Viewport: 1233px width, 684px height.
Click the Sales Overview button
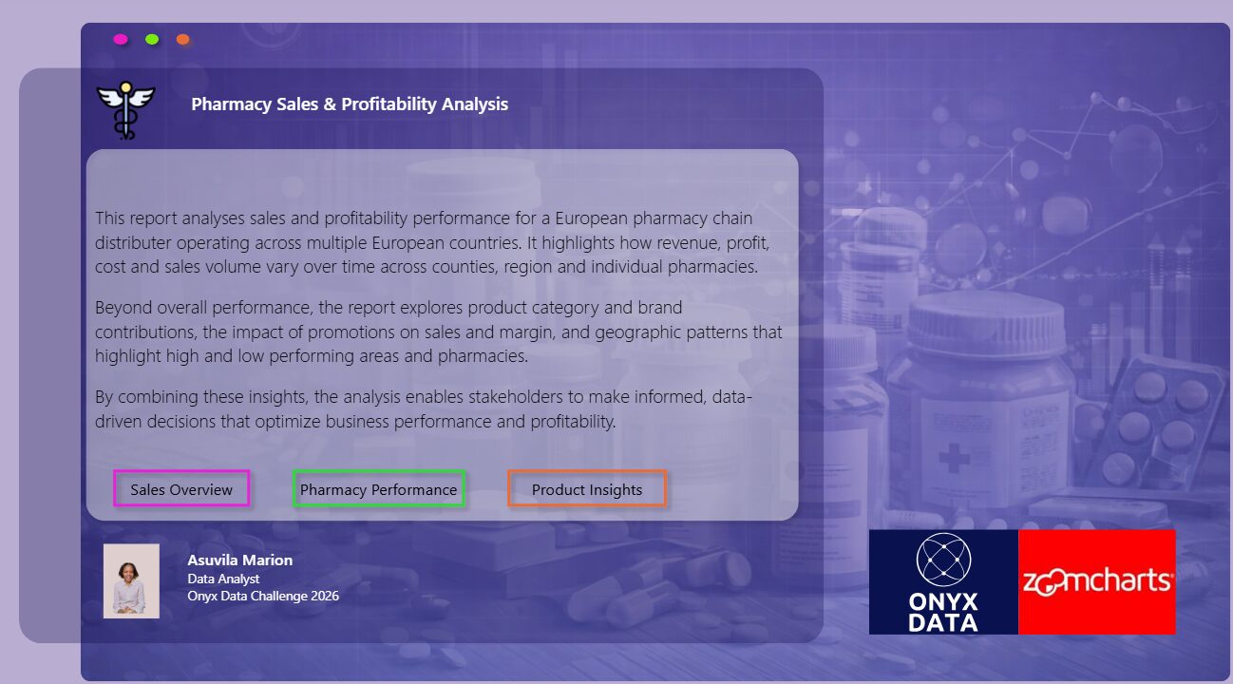pyautogui.click(x=181, y=488)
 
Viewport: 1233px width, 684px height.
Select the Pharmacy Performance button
pyautogui.click(x=379, y=488)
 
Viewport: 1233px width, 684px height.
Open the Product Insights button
pyautogui.click(x=587, y=488)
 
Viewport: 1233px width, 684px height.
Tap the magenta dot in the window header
pyautogui.click(x=121, y=39)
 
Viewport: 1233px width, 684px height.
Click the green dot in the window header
pyautogui.click(x=152, y=39)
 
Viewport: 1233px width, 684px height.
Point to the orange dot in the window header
pyautogui.click(x=182, y=39)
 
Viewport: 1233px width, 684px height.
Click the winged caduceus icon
pyautogui.click(x=126, y=110)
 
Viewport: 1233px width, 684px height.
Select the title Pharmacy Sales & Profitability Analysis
pyautogui.click(x=350, y=104)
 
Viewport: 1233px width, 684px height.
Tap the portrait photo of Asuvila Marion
pyautogui.click(x=131, y=581)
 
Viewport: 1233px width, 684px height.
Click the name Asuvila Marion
pyautogui.click(x=240, y=560)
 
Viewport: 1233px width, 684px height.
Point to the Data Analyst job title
pyautogui.click(x=223, y=579)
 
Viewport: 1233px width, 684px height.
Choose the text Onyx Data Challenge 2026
pyautogui.click(x=263, y=596)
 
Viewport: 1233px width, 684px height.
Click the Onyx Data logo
pyautogui.click(x=943, y=582)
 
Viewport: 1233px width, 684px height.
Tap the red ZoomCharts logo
pyautogui.click(x=1097, y=582)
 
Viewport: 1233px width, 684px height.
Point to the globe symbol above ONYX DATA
pyautogui.click(x=943, y=560)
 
